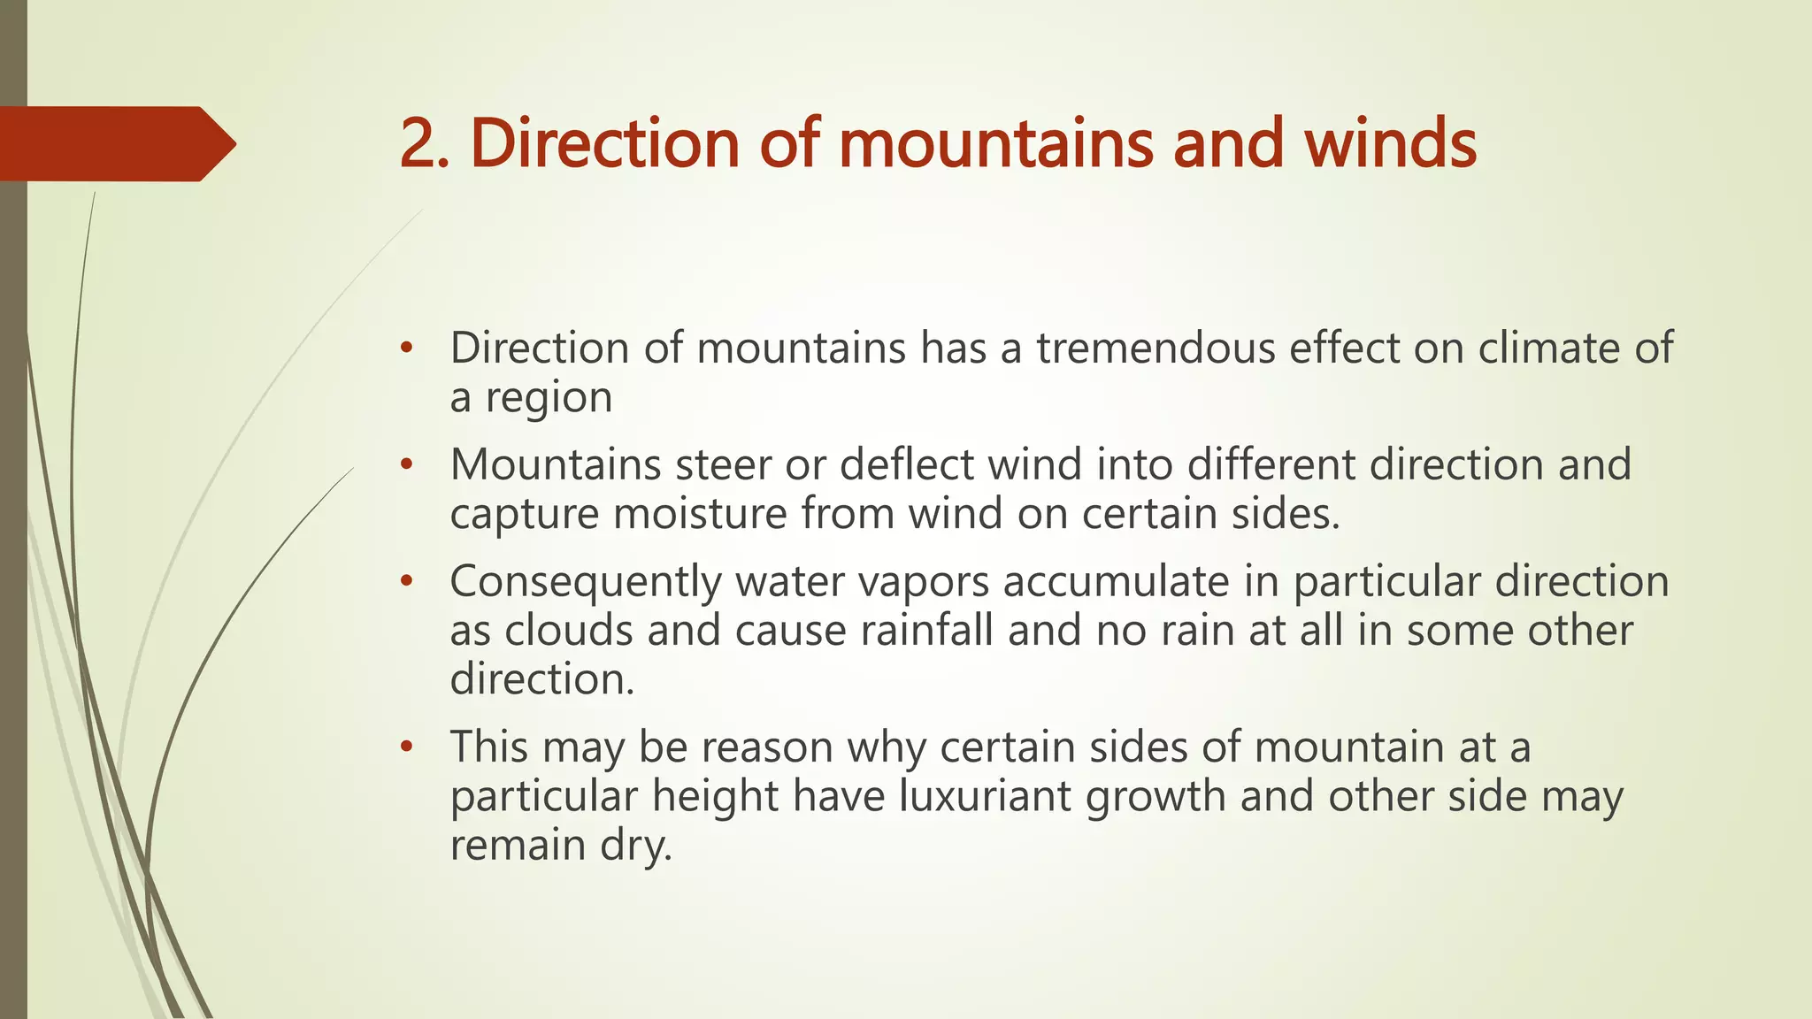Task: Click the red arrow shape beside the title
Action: click(115, 144)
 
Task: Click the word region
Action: click(549, 398)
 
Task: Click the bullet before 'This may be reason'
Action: click(406, 747)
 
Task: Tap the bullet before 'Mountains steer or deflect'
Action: click(406, 465)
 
